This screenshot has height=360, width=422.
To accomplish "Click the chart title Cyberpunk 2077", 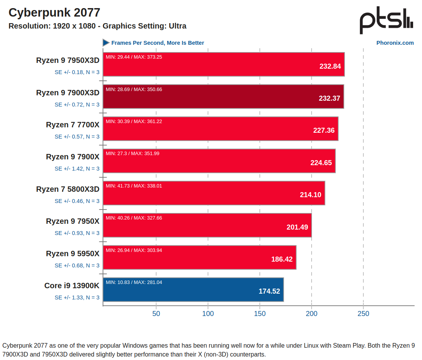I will [54, 13].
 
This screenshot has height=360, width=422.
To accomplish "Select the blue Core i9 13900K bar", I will [193, 290].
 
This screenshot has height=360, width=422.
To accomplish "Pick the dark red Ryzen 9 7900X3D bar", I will [223, 96].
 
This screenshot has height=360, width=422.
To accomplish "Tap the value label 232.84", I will [330, 66].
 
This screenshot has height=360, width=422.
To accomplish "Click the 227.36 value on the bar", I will [324, 130].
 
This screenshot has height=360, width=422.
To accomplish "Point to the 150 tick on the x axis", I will [260, 314].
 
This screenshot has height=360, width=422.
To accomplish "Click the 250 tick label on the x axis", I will [363, 314].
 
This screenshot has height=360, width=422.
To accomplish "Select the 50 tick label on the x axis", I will [156, 314].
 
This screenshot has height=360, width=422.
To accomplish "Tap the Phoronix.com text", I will [395, 43].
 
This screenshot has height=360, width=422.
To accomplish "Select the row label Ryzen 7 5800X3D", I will [68, 189].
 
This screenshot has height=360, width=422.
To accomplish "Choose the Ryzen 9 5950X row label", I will [73, 254].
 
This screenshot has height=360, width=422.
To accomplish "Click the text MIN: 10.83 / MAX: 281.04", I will [134, 282].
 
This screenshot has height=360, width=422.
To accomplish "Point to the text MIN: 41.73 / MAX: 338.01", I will [134, 186].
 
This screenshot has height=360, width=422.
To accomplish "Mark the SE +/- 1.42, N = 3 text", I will [77, 169].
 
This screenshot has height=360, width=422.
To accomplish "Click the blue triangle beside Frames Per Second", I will [106, 43].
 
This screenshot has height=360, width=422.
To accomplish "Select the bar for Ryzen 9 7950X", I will [207, 225].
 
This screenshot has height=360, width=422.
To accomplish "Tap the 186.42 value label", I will [282, 259].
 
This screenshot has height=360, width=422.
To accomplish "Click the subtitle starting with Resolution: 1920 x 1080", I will [97, 26].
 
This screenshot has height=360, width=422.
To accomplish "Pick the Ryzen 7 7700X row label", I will [73, 125].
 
